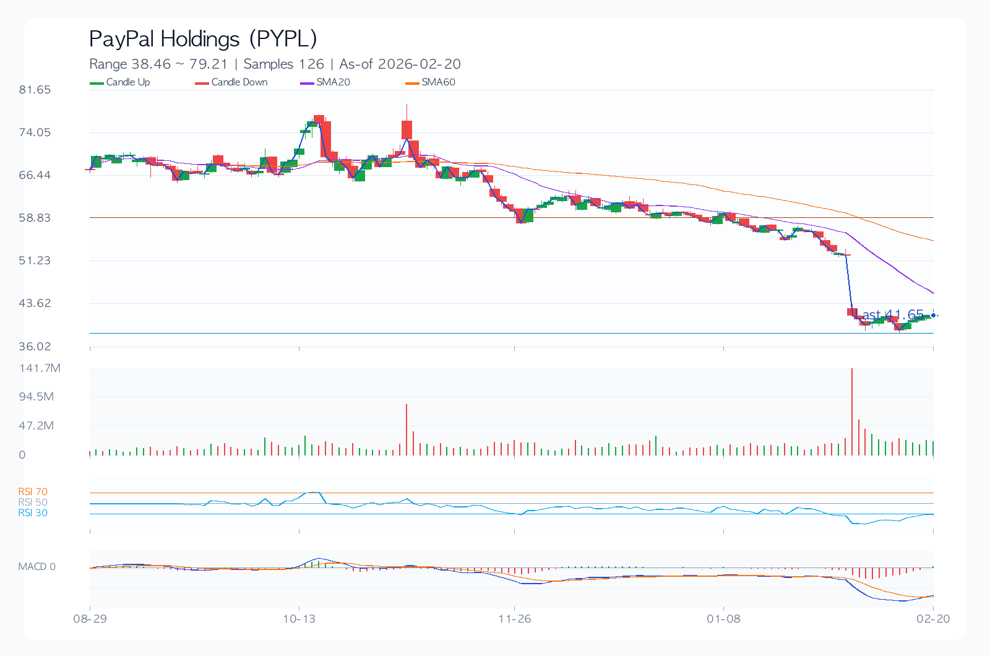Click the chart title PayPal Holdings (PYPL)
203,39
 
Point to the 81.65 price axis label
35,90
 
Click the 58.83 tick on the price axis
35,218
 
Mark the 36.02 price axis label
35,347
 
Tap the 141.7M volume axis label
40,368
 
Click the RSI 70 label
33,492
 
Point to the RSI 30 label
33,513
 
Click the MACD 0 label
37,567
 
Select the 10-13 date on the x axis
299,619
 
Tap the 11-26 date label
515,619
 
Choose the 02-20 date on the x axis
933,619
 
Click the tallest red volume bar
852,412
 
